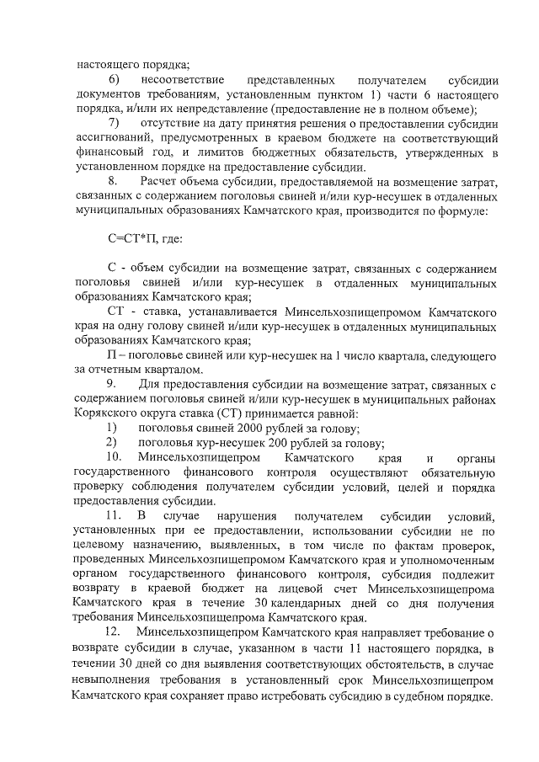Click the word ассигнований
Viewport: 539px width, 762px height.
coord(111,138)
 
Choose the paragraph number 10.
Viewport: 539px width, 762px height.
coord(114,458)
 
